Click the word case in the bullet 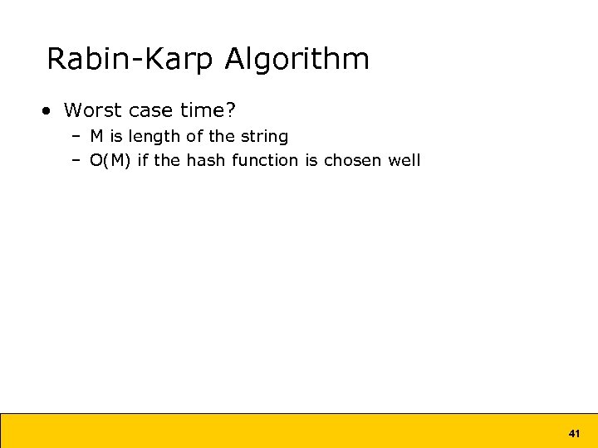pyautogui.click(x=150, y=110)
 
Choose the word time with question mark pyautogui.click(x=208, y=110)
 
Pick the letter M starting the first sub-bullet pyautogui.click(x=96, y=136)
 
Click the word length pyautogui.click(x=153, y=136)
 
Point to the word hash pyautogui.click(x=205, y=160)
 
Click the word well pyautogui.click(x=404, y=160)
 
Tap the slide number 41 pyautogui.click(x=573, y=433)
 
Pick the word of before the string pyautogui.click(x=196, y=136)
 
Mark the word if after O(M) pyautogui.click(x=142, y=160)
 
